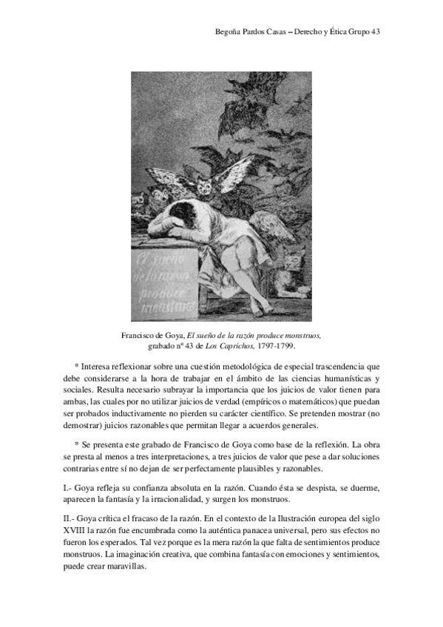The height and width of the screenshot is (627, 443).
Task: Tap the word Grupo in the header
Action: tap(348, 33)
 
